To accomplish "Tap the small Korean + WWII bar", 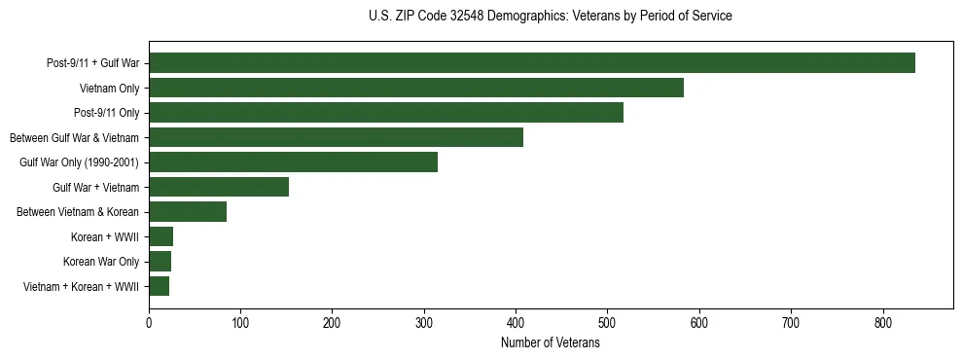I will click(x=160, y=236).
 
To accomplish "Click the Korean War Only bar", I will click(x=160, y=262).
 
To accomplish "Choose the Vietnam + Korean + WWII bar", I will click(x=159, y=286).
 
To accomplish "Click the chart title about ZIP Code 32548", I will click(x=551, y=17).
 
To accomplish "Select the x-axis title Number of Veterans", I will click(x=551, y=343).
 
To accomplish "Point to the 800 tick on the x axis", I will click(x=882, y=323).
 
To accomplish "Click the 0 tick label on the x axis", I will click(x=149, y=323).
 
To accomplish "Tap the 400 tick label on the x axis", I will click(x=516, y=323).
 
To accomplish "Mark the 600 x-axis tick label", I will click(x=699, y=323).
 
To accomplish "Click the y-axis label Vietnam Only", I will click(x=109, y=89).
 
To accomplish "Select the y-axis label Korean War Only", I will click(x=101, y=262).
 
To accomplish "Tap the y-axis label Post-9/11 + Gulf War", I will click(x=92, y=63).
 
